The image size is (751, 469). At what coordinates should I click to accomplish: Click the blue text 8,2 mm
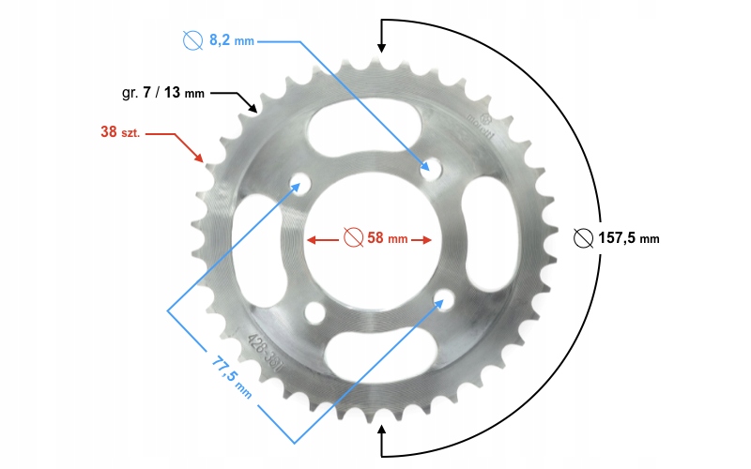232,41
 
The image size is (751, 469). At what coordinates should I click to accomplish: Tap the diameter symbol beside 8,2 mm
193,41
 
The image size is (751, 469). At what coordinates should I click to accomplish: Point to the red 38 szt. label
120,132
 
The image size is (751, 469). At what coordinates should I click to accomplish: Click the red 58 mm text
387,238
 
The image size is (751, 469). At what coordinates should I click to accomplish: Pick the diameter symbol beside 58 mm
353,238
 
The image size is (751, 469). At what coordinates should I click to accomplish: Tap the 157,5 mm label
629,238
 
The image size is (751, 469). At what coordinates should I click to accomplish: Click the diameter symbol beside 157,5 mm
583,238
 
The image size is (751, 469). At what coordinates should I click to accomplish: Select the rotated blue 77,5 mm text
230,371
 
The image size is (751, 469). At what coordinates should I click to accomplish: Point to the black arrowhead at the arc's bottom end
381,431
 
